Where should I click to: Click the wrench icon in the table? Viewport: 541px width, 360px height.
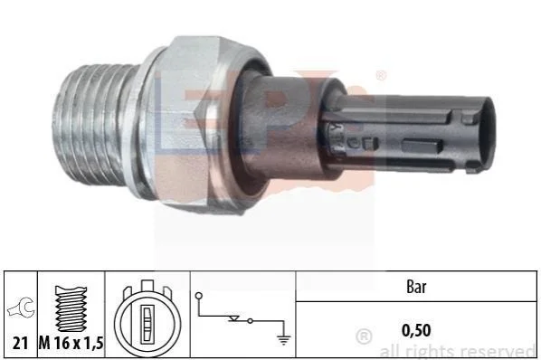click(x=21, y=308)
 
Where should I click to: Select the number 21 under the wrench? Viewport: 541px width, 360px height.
click(x=20, y=344)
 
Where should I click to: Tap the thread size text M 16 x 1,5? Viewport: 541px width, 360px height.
click(x=71, y=343)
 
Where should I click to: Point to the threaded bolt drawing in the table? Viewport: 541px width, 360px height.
click(x=71, y=309)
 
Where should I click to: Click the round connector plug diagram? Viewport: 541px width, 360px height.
click(x=147, y=319)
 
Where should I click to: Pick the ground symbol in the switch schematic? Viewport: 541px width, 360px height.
click(x=283, y=340)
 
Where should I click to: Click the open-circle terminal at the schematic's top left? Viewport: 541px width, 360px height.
click(x=199, y=296)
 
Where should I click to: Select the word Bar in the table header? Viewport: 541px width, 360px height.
click(x=416, y=287)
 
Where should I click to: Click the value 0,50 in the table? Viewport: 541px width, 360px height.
click(x=416, y=330)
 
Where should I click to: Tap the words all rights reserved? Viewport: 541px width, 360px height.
click(x=458, y=352)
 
